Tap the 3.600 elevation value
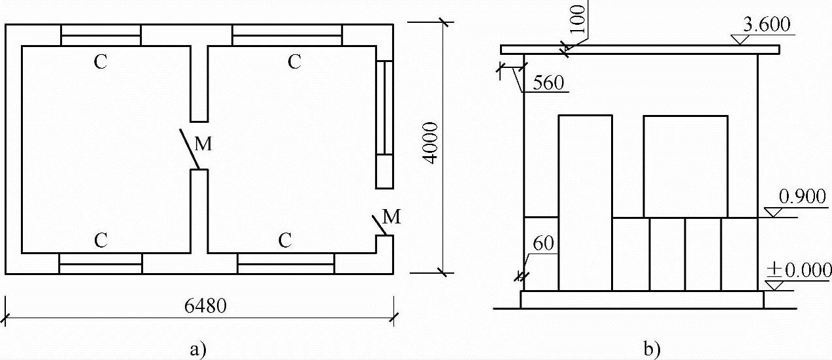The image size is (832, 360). click(x=767, y=25)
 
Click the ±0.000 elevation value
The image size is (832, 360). click(x=799, y=270)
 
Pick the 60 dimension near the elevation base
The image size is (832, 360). click(x=543, y=243)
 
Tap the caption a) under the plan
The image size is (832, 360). click(x=197, y=349)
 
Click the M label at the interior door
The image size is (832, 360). click(x=203, y=145)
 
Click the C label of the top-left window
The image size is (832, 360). click(x=101, y=62)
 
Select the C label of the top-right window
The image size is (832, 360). click(x=295, y=62)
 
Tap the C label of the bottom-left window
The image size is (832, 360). click(x=101, y=240)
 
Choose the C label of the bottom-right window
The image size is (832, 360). click(x=284, y=240)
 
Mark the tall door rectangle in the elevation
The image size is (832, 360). click(x=585, y=203)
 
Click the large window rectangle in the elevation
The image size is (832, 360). click(x=686, y=166)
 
